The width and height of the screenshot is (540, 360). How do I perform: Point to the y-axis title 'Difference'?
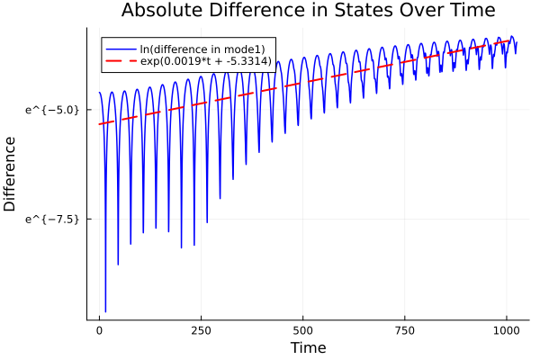click(x=11, y=174)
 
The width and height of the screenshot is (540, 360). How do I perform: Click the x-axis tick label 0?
click(x=100, y=329)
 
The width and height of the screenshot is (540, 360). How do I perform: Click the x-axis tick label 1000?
click(x=507, y=329)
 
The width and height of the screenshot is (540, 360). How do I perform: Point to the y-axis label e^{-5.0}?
click(x=54, y=109)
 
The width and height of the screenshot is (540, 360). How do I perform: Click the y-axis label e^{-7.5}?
click(x=54, y=219)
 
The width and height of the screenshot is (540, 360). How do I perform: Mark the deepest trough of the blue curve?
click(x=105, y=311)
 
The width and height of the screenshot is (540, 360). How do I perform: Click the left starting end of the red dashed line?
click(x=100, y=124)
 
